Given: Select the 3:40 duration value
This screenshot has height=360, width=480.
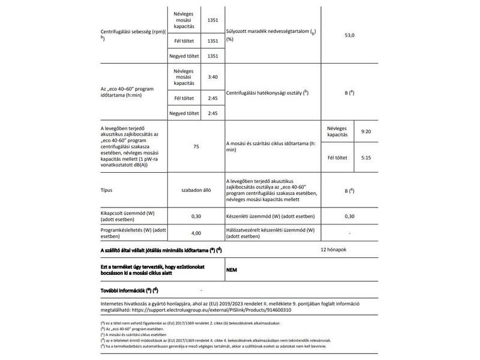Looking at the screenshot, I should (x=212, y=77).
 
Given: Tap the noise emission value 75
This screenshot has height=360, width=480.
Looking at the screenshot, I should (x=196, y=146).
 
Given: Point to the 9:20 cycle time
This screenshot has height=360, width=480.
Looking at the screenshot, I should (x=366, y=130).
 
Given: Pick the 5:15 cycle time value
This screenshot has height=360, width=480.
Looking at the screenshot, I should (x=366, y=158).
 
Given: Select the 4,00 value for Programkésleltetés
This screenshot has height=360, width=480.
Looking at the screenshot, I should (x=196, y=233).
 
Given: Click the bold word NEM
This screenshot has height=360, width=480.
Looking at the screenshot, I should (x=232, y=270).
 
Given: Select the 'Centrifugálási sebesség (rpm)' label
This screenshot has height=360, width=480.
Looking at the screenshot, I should (x=133, y=32).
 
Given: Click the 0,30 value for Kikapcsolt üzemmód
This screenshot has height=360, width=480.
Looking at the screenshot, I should (x=196, y=216).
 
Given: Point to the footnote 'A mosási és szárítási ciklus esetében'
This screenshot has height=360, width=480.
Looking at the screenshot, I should (x=132, y=335).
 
